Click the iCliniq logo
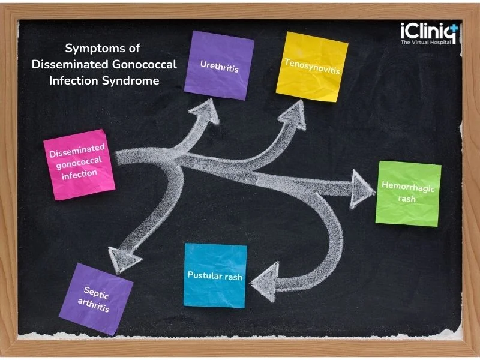pyautogui.click(x=429, y=33)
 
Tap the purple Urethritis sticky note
pyautogui.click(x=219, y=65)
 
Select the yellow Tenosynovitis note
pyautogui.click(x=312, y=67)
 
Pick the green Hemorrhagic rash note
pyautogui.click(x=409, y=194)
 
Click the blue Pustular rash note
pyautogui.click(x=215, y=275)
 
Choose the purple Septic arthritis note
pyautogui.click(x=96, y=299)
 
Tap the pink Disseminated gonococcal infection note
pyautogui.click(x=79, y=164)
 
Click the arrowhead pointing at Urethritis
pyautogui.click(x=206, y=112)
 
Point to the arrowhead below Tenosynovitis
pyautogui.click(x=294, y=115)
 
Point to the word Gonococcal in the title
pyautogui.click(x=145, y=64)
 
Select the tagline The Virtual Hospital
pyautogui.click(x=426, y=42)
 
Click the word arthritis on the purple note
pyautogui.click(x=94, y=305)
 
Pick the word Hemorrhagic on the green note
pyautogui.click(x=408, y=187)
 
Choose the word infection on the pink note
pyautogui.click(x=80, y=175)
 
